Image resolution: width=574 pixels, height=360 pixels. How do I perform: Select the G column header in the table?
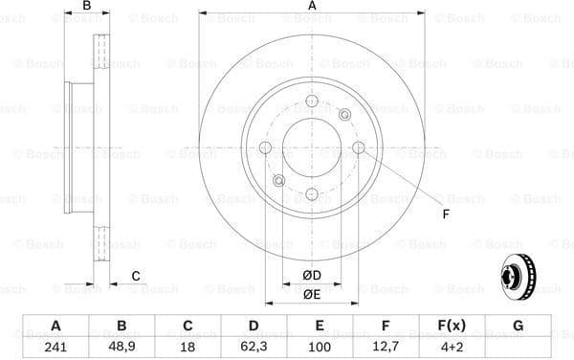tap(518, 326)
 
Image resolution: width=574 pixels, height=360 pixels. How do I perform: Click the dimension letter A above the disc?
tap(312, 8)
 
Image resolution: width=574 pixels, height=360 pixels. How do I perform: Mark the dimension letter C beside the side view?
tap(136, 276)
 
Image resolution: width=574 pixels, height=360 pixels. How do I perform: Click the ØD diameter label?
tap(312, 277)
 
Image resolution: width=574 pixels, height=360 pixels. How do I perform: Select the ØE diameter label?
tap(312, 295)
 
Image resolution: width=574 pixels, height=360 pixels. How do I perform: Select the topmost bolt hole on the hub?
tap(312, 101)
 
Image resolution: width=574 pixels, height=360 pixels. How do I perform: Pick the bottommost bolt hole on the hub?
tap(312, 193)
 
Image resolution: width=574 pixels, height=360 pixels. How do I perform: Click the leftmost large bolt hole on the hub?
tap(266, 147)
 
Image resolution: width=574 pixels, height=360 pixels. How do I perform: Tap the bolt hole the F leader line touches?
tap(358, 147)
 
